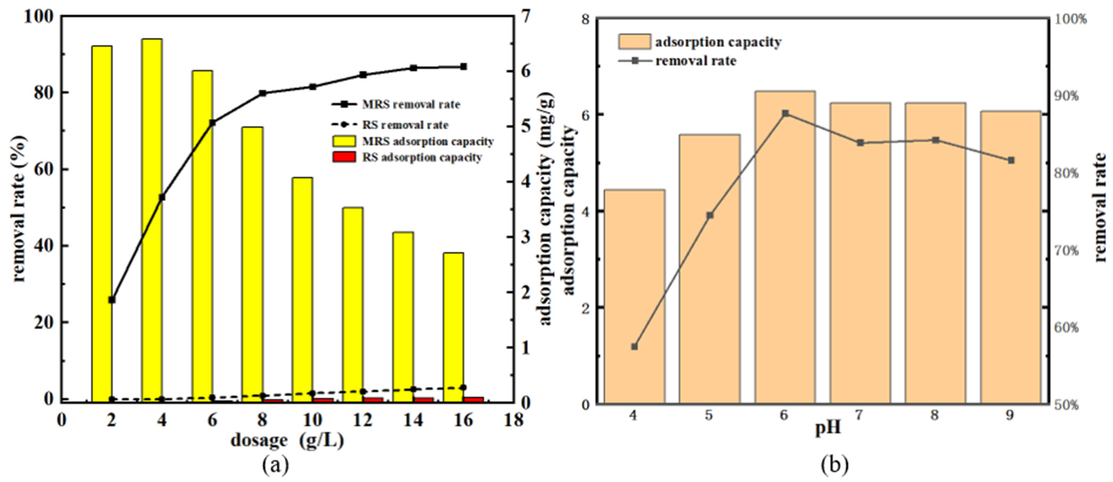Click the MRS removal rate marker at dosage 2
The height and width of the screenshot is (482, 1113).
coord(112,299)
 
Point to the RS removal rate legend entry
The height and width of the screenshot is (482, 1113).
coord(405,125)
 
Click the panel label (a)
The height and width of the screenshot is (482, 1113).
coord(275,465)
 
